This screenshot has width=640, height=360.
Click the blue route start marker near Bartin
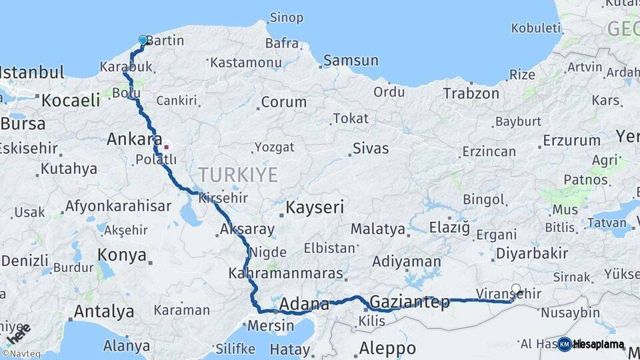143,40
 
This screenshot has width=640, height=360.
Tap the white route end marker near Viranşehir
515,289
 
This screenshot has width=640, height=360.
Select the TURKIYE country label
237,175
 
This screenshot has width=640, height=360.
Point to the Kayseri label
315,207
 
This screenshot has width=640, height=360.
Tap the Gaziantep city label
409,302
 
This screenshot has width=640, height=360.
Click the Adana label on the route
304,305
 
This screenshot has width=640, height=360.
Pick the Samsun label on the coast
351,61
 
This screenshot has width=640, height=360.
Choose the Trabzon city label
471,93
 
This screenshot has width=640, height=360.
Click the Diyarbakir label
532,253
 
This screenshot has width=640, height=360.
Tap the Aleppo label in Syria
387,348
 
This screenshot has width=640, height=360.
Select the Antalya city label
103,311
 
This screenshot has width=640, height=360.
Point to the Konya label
122,255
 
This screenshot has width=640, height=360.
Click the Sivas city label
371,148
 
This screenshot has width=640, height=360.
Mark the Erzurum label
571,141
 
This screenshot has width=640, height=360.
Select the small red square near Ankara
166,147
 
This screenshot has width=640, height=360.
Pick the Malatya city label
378,229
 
